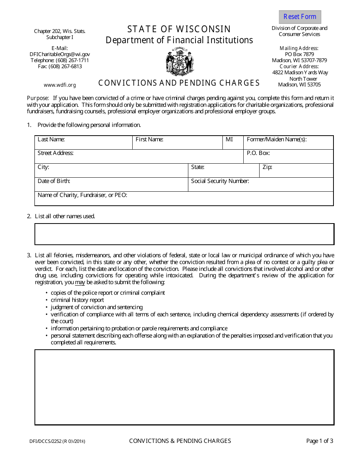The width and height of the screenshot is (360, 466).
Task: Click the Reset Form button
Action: [300, 17]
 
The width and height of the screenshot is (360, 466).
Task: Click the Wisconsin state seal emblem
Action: [179, 62]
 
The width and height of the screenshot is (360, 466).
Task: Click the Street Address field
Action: [139, 158]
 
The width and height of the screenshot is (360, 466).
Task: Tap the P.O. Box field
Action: [288, 158]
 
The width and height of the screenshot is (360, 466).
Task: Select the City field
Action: [111, 172]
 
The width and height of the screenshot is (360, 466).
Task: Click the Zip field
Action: [296, 172]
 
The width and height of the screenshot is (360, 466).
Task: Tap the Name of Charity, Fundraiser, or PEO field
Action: [184, 200]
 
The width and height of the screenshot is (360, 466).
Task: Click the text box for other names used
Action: [184, 234]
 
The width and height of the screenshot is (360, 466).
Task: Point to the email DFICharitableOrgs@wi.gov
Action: [60, 54]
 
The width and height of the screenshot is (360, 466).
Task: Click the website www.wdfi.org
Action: [60, 85]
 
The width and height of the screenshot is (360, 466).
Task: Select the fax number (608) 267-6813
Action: [60, 66]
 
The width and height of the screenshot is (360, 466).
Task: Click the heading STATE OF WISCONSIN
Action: [179, 29]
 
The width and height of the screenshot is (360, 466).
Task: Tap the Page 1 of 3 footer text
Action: [320, 441]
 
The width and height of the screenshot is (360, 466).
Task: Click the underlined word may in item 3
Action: [80, 282]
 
